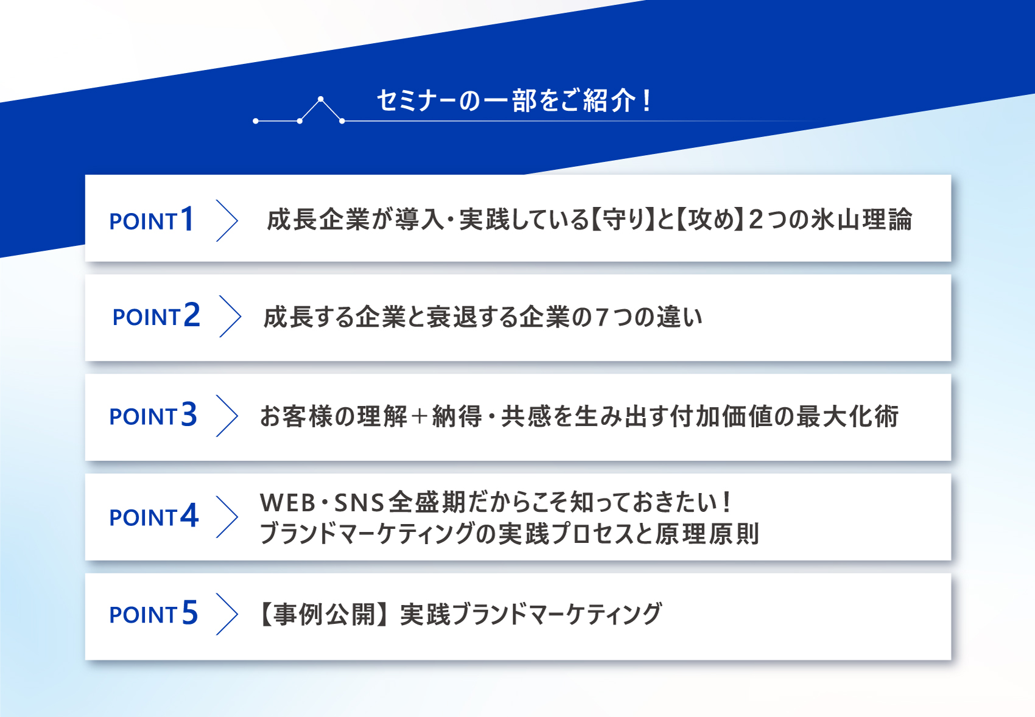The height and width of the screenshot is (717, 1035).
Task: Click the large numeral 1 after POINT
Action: (x=188, y=219)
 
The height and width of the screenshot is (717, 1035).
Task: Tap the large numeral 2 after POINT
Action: (x=192, y=315)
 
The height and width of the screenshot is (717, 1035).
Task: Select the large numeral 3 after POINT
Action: (x=189, y=414)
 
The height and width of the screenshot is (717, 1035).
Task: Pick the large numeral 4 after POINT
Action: (x=189, y=515)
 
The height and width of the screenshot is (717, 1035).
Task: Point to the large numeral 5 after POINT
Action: (x=189, y=612)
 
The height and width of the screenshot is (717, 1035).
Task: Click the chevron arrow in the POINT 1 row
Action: (x=227, y=221)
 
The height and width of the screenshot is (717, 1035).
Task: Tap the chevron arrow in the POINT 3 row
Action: (x=227, y=416)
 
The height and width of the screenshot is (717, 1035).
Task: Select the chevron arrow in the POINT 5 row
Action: (x=227, y=614)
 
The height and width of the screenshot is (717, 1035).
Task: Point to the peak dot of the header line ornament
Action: (x=321, y=99)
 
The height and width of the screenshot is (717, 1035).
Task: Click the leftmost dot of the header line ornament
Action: (x=256, y=121)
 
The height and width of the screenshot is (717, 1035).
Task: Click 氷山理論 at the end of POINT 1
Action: (x=861, y=219)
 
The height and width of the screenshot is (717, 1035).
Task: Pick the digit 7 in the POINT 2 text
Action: (x=602, y=318)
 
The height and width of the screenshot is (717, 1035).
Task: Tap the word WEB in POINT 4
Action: (x=288, y=503)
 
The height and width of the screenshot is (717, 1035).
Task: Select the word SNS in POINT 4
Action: (x=359, y=503)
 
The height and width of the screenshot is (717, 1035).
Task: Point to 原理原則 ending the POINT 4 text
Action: (x=707, y=534)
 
